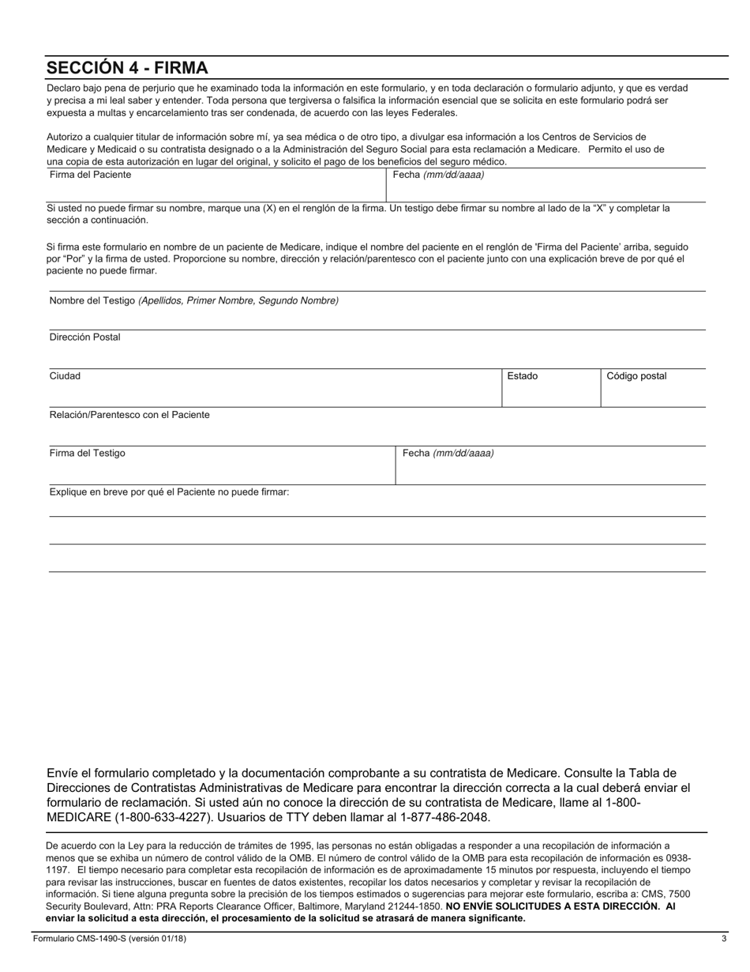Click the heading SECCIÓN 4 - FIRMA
(127, 67)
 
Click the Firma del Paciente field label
(90, 175)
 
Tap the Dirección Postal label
(84, 337)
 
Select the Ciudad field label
(65, 376)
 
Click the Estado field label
(522, 376)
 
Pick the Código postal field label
(636, 376)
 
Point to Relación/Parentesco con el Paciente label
(129, 415)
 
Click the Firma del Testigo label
(87, 454)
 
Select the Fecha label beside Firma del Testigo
(448, 454)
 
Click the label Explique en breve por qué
(169, 492)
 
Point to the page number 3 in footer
(723, 939)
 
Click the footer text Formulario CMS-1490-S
(110, 939)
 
